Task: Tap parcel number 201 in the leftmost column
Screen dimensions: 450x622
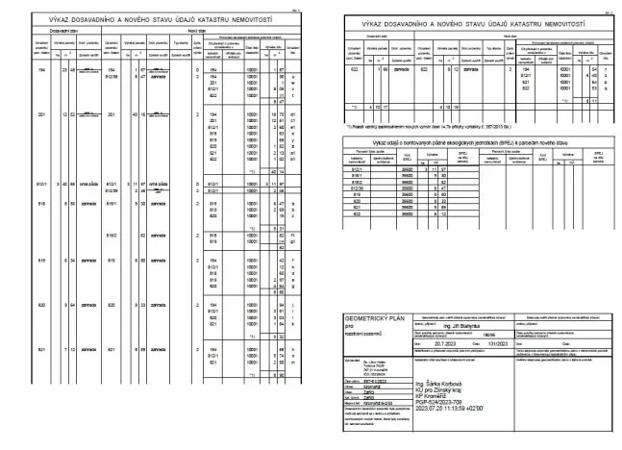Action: pos(42,112)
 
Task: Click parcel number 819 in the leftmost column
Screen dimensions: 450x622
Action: pos(42,261)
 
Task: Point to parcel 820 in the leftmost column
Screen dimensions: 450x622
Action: pos(42,305)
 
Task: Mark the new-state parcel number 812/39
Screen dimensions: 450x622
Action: pos(112,189)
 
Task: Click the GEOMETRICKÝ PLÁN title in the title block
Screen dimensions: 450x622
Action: pos(369,316)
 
